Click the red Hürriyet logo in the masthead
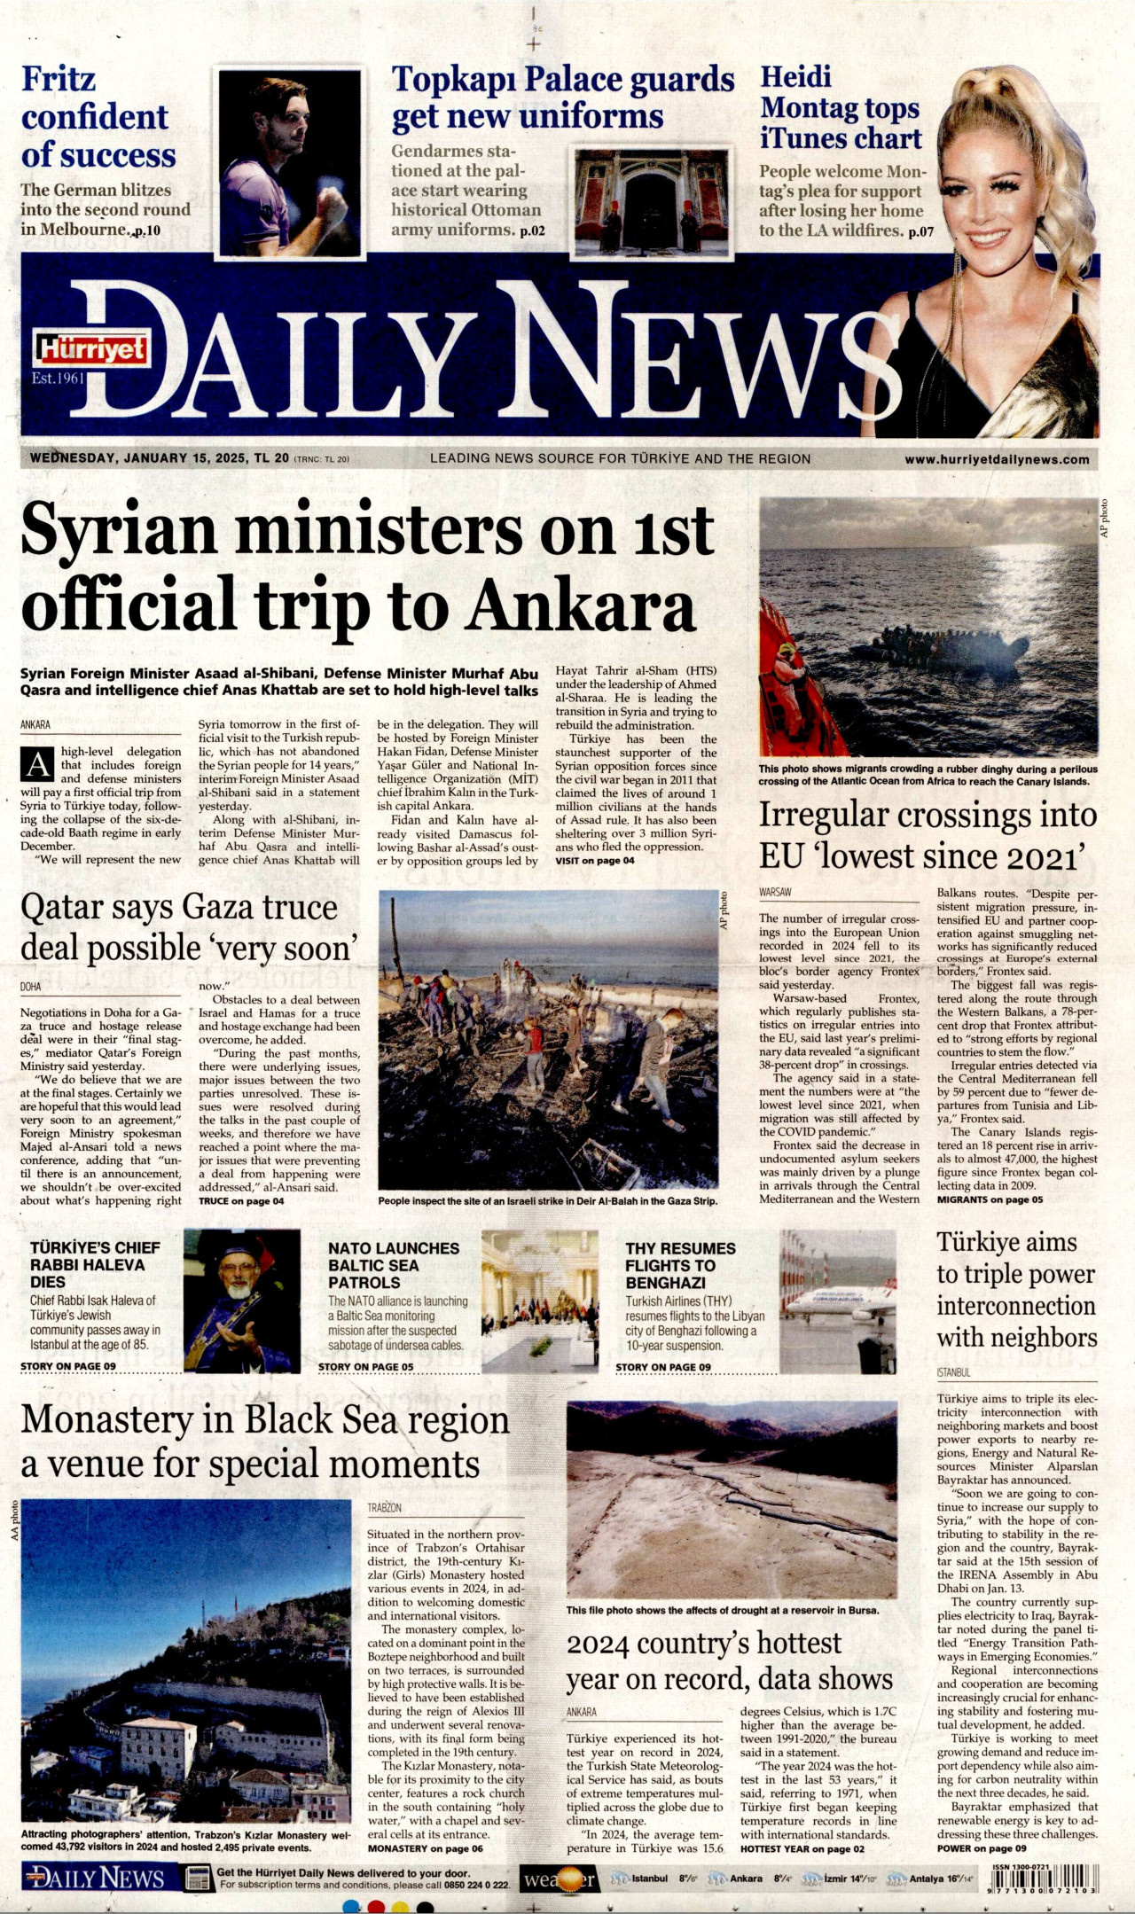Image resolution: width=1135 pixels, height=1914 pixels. coord(91,350)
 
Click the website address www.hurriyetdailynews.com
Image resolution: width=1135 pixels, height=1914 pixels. coord(997,459)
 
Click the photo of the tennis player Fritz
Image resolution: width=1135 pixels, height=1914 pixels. coord(290,163)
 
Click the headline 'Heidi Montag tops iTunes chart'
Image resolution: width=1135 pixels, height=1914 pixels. coord(840,107)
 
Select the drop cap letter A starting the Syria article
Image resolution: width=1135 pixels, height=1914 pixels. coord(37,764)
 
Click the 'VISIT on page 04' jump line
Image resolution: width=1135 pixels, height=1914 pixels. coord(595,861)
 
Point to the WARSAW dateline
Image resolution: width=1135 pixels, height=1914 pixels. coord(775,892)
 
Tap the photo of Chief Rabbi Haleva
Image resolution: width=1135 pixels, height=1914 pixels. coord(241,1300)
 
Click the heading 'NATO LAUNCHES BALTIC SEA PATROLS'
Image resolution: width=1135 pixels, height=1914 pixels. coord(394,1265)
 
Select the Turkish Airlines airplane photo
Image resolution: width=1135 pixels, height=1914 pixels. coord(838,1301)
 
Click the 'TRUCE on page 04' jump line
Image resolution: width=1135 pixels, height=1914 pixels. coord(241,1201)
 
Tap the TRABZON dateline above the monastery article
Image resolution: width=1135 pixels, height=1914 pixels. coord(384,1507)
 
